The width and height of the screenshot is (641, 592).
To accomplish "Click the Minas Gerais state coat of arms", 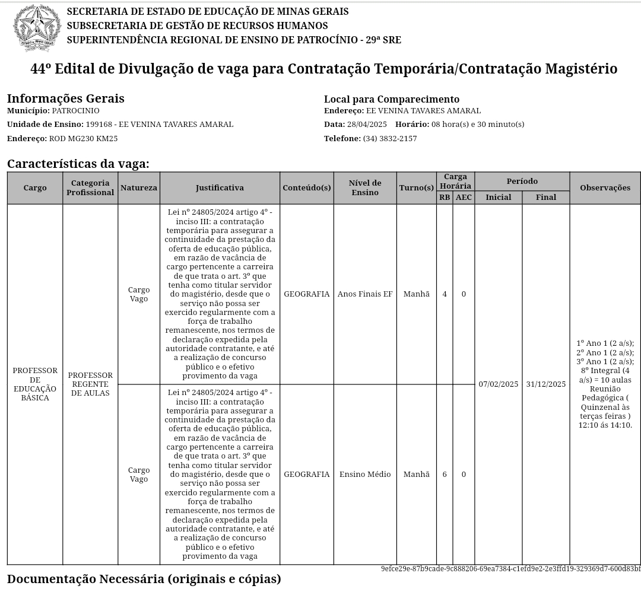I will pos(37,27).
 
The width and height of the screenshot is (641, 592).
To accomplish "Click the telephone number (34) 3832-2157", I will pos(389,138).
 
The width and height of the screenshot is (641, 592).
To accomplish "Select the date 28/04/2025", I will pos(367,124).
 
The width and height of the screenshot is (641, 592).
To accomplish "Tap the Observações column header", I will pos(605,187).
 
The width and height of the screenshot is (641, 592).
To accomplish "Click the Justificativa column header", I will pos(220,187).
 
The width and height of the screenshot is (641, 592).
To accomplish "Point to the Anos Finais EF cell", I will pos(364,294).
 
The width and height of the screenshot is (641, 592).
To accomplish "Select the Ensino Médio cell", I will pos(364,474).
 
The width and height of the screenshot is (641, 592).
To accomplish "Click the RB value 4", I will pos(445,294).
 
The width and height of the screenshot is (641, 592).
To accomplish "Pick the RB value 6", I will pos(445,474).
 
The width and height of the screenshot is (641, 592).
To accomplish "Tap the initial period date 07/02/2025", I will pos(499,384).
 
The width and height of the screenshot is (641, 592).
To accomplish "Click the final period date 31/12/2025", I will pos(546,384).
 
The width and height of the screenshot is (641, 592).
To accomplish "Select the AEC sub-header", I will pos(464,197).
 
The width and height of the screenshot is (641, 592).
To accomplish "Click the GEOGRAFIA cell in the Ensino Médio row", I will pos(306,474).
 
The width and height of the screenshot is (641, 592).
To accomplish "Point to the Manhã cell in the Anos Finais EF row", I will pos(416,294).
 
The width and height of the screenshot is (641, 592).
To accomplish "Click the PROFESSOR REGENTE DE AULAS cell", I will pos(90,384).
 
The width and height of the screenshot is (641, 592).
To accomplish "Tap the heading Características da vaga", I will pos(78,164).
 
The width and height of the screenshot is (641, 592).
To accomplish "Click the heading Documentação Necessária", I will pos(144,578).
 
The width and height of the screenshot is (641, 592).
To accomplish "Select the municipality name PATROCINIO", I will pos(75,111).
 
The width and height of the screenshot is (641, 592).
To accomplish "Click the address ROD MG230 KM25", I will pos(83,138).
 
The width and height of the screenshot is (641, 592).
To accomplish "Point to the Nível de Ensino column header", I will pos(364,187).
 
